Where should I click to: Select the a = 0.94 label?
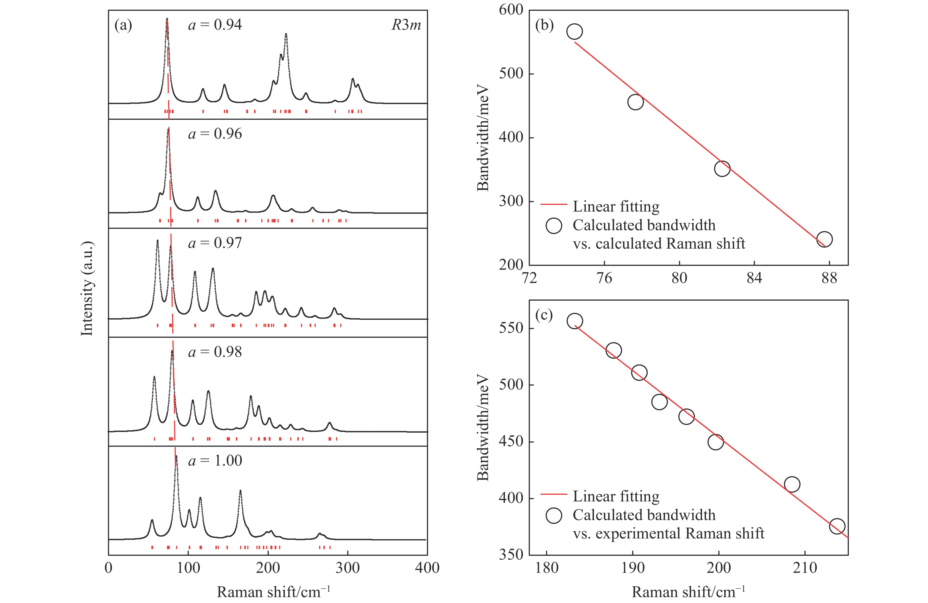click(215, 25)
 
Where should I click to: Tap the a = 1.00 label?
click(215, 461)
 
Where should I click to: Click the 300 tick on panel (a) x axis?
click(347, 567)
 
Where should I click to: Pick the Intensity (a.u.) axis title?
click(87, 288)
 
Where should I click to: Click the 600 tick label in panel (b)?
click(511, 10)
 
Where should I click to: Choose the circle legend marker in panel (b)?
click(554, 225)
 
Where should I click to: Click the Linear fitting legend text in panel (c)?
click(616, 496)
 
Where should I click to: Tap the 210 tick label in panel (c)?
click(805, 567)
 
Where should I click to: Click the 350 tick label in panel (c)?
click(511, 554)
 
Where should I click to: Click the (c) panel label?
click(544, 315)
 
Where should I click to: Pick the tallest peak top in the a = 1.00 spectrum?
click(176, 457)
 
